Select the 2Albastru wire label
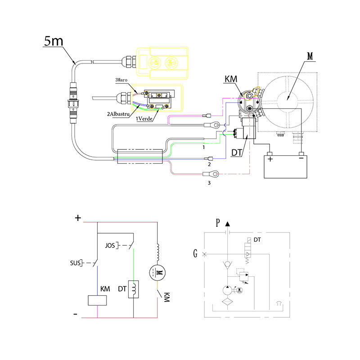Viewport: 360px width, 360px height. (118, 114)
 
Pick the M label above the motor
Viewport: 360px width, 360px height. (310, 57)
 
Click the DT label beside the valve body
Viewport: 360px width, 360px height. (237, 153)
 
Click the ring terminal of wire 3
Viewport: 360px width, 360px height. (216, 173)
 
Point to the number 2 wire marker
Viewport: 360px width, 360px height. (209, 165)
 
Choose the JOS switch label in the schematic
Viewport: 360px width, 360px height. (110, 246)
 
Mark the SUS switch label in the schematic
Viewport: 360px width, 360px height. (76, 262)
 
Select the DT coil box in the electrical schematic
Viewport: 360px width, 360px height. (134, 289)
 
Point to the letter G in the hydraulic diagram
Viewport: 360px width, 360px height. (195, 254)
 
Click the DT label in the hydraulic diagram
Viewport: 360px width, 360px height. (257, 239)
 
